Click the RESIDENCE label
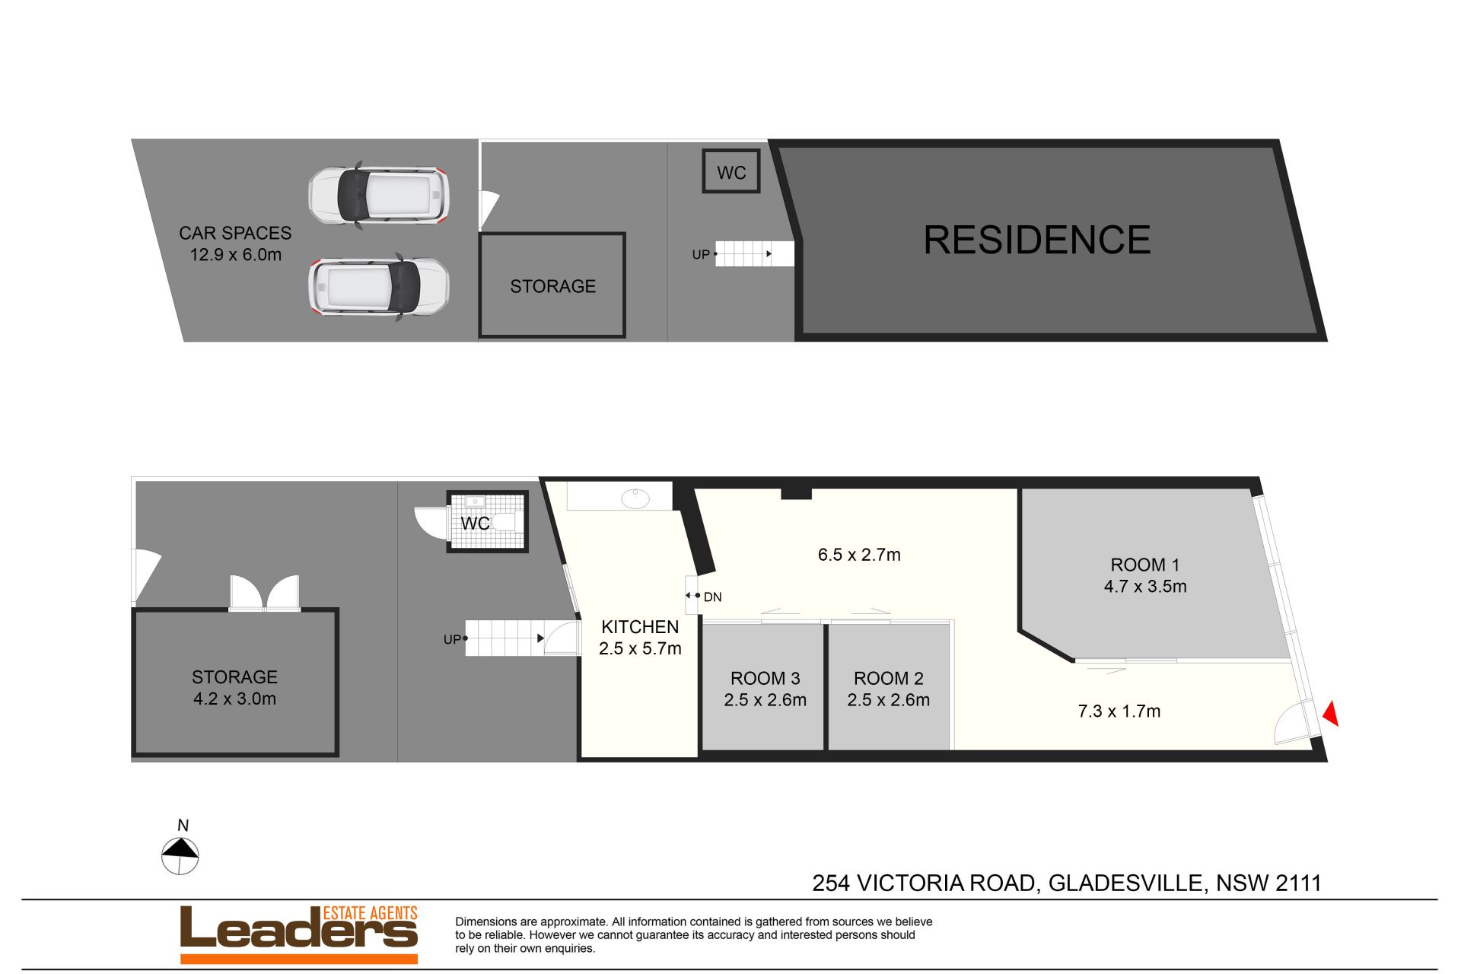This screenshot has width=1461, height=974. click(x=1036, y=240)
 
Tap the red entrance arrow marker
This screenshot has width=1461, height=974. click(x=1331, y=713)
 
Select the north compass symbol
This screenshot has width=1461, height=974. click(x=180, y=856)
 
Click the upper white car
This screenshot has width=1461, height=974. click(x=378, y=194)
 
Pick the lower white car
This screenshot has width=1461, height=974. click(x=378, y=287)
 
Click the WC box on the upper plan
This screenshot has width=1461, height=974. click(x=731, y=171)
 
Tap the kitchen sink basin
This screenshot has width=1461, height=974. click(x=635, y=498)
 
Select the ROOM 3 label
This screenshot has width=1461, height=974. click(x=765, y=678)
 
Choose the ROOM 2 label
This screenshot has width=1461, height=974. click(x=888, y=678)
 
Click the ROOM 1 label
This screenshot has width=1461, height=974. click(x=1145, y=565)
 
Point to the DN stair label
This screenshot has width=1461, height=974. click(x=712, y=597)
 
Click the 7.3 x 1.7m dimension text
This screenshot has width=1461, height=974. click(x=1119, y=711)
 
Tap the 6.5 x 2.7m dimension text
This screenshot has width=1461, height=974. click(x=859, y=555)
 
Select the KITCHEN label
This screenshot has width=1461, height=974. click(x=640, y=627)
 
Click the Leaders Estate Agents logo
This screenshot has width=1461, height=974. click(x=299, y=934)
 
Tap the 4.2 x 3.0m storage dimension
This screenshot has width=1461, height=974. click(x=234, y=699)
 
